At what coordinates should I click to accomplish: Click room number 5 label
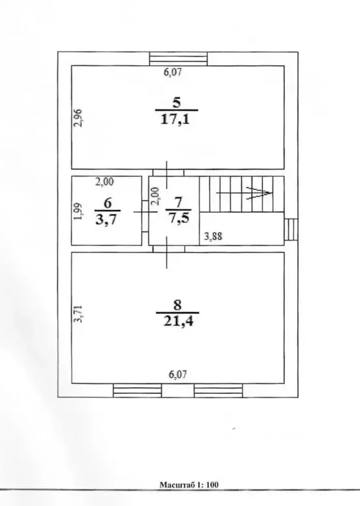click(x=177, y=103)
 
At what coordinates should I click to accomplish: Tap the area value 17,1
click(x=176, y=120)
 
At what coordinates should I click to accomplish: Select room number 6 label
click(x=107, y=204)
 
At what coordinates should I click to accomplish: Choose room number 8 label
click(x=177, y=305)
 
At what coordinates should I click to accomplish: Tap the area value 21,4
click(x=178, y=321)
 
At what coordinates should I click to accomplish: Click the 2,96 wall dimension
click(x=78, y=118)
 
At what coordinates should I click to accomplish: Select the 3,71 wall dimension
click(x=78, y=314)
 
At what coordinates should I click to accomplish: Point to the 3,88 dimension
click(x=213, y=237)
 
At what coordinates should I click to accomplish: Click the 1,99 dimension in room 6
click(x=78, y=211)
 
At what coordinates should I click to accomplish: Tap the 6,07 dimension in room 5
click(x=173, y=72)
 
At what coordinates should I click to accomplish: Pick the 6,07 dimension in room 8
click(x=178, y=375)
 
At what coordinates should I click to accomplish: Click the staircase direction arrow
click(x=244, y=193)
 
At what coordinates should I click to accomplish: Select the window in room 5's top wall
click(x=179, y=59)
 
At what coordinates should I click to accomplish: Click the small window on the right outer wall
click(x=291, y=230)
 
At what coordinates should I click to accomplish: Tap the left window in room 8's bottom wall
click(x=137, y=391)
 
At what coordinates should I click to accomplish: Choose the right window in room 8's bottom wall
click(x=218, y=391)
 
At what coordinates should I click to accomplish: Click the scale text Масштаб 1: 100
click(x=189, y=485)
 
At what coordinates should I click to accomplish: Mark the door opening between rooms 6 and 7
click(x=145, y=211)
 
